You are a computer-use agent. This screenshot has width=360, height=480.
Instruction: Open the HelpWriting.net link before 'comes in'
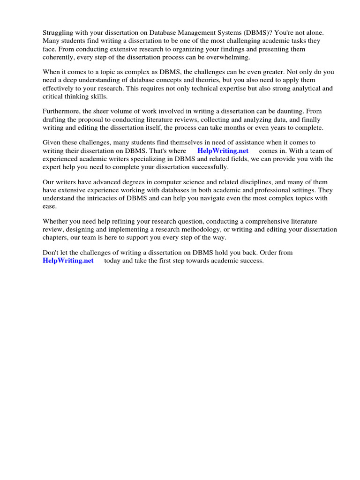(x=223, y=151)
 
